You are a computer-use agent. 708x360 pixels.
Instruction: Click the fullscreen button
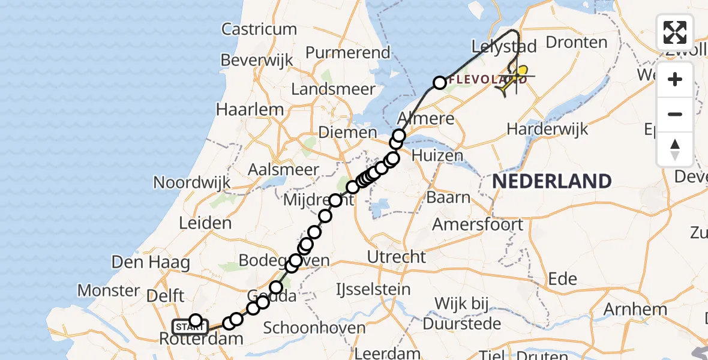point(675,32)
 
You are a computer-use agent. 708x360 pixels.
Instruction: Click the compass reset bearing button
point(675,149)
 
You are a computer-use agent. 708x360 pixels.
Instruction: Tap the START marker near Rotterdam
point(190,327)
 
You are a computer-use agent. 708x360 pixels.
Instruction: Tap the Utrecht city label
point(397,257)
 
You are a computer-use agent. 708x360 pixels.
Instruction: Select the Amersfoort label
point(478,225)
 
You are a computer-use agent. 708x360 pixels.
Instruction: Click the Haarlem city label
point(250,110)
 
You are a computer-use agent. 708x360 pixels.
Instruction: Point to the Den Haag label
point(151,262)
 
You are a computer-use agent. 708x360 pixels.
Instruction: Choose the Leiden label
point(206,223)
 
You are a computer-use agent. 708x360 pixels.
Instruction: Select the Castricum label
point(259,29)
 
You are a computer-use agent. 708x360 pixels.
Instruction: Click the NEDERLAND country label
point(553,181)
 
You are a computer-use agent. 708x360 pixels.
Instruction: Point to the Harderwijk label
point(547,129)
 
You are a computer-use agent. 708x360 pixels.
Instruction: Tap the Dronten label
point(576,43)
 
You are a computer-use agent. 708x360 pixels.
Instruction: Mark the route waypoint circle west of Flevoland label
point(440,82)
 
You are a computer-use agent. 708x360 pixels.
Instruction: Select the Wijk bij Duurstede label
point(468,313)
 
